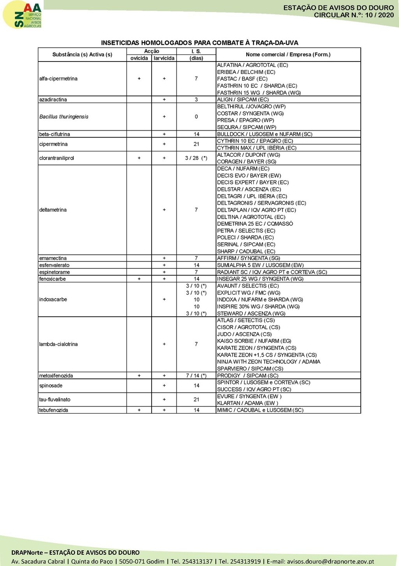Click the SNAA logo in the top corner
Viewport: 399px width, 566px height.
[23, 15]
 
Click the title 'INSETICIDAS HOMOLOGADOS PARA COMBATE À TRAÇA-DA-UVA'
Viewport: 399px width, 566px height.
[199, 43]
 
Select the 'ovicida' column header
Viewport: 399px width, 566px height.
[139, 58]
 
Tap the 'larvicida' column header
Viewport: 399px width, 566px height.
[164, 58]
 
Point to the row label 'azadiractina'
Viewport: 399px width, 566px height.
[53, 100]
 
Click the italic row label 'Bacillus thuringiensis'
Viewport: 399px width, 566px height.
[64, 117]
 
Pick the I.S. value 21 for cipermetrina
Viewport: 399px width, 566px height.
[196, 144]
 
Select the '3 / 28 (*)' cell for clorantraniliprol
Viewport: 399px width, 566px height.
[196, 158]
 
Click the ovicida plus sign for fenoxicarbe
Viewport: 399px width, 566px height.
[139, 279]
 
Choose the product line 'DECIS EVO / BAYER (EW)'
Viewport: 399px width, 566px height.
[249, 175]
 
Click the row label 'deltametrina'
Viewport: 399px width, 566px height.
[53, 210]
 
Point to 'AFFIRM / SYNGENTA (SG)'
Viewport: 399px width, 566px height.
[249, 258]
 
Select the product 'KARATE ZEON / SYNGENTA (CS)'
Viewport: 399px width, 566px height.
[256, 348]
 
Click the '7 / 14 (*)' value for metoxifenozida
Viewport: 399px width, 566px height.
[196, 376]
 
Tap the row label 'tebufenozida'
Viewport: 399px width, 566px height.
[53, 410]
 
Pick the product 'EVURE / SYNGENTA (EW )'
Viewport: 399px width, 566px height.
[249, 396]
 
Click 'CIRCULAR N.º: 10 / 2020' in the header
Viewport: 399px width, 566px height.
[354, 15]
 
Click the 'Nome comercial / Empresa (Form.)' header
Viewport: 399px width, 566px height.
[288, 55]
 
